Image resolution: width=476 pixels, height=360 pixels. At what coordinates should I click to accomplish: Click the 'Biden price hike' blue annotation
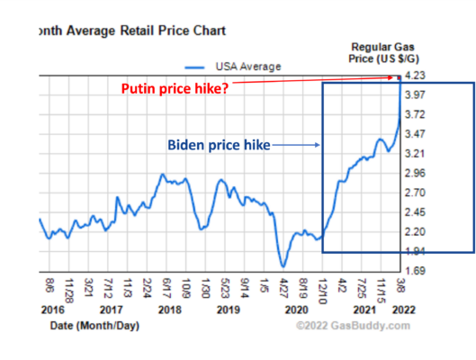click(219, 143)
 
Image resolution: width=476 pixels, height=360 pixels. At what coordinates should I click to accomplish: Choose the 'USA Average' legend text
click(248, 66)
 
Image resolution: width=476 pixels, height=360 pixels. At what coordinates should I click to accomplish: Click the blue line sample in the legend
click(196, 66)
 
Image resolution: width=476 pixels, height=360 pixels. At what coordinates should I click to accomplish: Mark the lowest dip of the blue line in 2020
click(283, 266)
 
